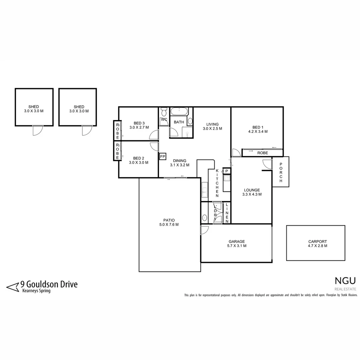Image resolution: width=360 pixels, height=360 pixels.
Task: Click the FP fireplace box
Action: coord(163,156)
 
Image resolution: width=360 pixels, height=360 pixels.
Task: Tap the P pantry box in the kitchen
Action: coord(226,171)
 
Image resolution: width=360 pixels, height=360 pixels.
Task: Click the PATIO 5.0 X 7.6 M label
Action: coord(169,222)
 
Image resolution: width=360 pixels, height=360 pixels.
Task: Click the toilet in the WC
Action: coord(164,113)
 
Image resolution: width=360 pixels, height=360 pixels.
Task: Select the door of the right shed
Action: coord(87,130)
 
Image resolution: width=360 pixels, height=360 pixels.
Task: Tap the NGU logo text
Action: coord(345,281)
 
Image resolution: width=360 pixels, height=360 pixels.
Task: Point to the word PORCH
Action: coord(281,172)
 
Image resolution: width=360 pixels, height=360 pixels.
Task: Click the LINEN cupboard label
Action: coord(227,213)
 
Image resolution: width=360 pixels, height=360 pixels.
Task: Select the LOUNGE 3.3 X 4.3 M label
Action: coord(252,192)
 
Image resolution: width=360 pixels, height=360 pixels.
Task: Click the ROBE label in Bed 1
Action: coord(262,153)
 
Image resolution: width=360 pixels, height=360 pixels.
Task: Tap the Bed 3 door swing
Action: coord(154,135)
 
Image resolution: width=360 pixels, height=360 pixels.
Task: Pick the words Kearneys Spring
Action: coord(36,291)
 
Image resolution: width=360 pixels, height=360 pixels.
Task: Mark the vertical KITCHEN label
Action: coord(217,183)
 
